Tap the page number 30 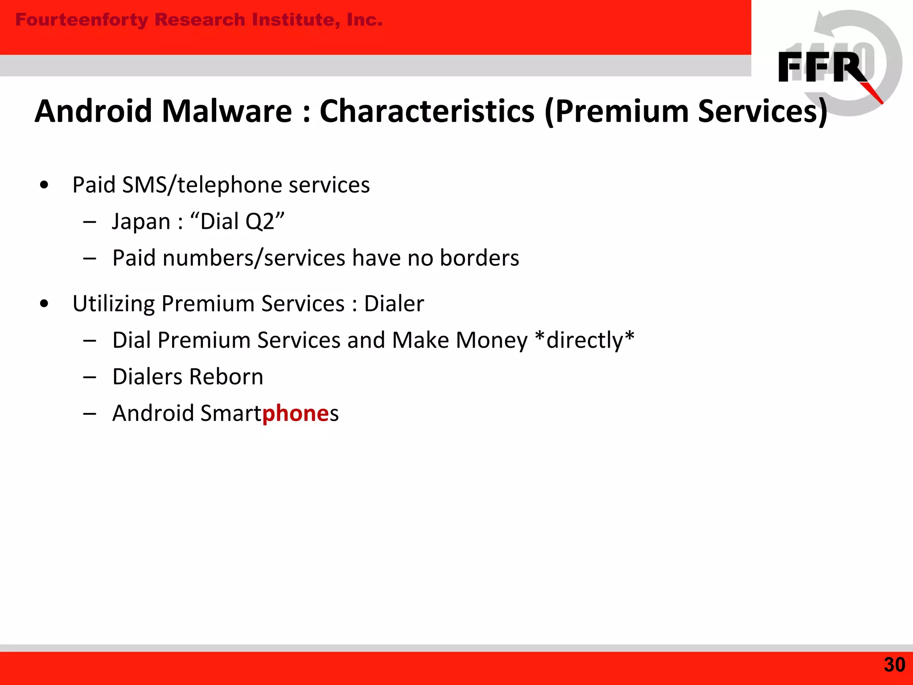(894, 665)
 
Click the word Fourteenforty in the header (82, 20)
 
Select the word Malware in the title (226, 111)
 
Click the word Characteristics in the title (427, 111)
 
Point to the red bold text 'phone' (296, 413)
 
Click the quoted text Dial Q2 (237, 222)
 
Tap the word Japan (141, 222)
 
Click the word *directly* (584, 340)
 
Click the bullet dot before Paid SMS (44, 185)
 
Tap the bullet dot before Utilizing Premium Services (44, 304)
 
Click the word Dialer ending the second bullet (394, 304)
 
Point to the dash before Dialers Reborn (90, 377)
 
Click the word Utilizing (113, 304)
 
